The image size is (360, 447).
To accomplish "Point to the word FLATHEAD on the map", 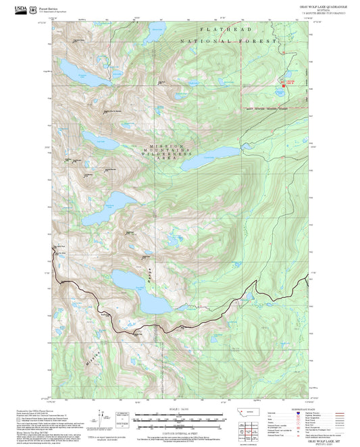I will tap(225, 30).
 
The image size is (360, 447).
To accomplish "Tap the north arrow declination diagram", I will tap(103, 419).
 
